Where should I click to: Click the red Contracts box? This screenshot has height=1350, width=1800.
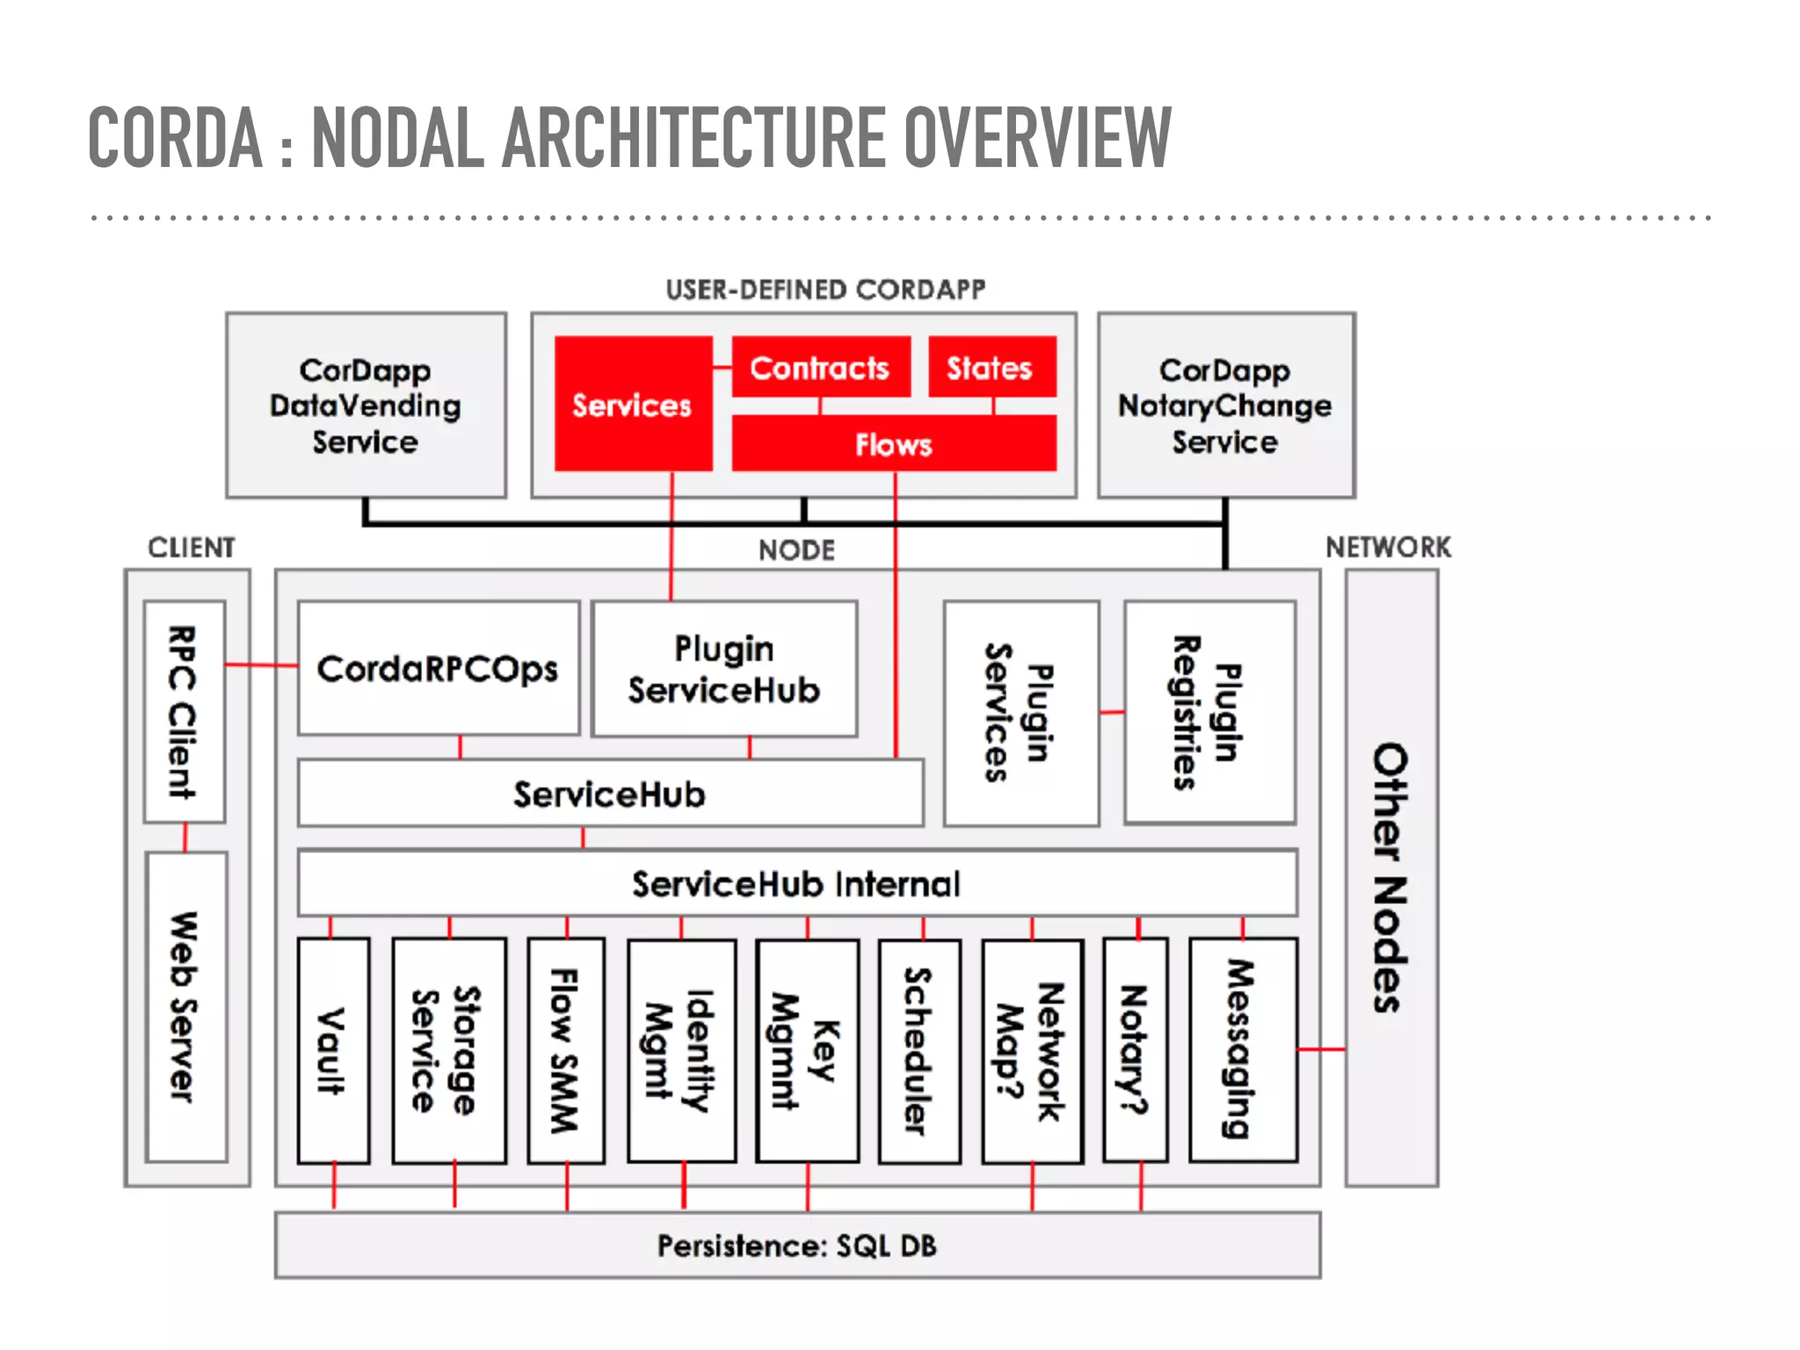tap(820, 367)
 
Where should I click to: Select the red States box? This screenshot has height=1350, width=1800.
tap(991, 367)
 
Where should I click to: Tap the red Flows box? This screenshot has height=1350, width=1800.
tap(893, 444)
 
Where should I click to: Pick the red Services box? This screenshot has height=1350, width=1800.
tap(632, 404)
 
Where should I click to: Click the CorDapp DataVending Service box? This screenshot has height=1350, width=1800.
tap(366, 405)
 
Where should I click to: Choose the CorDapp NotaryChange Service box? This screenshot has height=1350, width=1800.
tap(1225, 405)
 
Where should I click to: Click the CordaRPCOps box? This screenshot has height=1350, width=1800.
tap(438, 669)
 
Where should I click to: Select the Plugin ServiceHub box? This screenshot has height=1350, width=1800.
tap(723, 669)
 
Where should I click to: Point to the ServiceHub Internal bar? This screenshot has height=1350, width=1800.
tap(796, 883)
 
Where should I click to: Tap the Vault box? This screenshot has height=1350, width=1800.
tap(333, 1050)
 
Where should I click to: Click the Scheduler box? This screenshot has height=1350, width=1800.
tap(918, 1050)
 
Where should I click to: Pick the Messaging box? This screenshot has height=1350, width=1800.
tap(1242, 1050)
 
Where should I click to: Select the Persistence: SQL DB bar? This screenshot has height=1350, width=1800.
tap(796, 1245)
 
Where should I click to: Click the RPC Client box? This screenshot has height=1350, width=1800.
tap(184, 712)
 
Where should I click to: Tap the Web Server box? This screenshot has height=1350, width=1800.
tap(185, 1006)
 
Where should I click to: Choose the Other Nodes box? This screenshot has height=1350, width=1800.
tap(1390, 877)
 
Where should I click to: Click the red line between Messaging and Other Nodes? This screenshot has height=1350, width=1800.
tap(1321, 1049)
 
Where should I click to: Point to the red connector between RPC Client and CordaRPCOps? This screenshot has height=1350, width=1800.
tap(261, 664)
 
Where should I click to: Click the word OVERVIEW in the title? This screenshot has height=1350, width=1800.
tap(1037, 137)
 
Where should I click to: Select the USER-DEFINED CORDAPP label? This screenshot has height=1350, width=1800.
tap(825, 289)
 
